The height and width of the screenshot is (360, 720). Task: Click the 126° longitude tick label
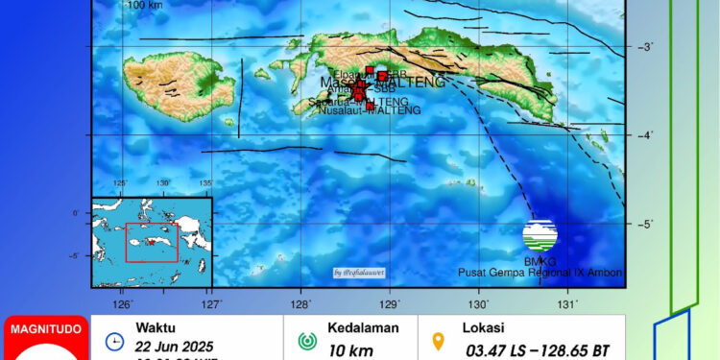123,304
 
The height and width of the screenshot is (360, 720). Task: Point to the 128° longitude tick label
300,304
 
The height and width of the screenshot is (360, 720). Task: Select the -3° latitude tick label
647,47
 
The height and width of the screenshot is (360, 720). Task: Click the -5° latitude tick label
647,224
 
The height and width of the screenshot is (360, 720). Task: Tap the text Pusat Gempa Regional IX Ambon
540,273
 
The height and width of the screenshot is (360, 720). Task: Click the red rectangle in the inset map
152,242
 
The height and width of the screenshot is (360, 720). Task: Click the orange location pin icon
440,341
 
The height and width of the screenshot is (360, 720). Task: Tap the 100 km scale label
145,5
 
